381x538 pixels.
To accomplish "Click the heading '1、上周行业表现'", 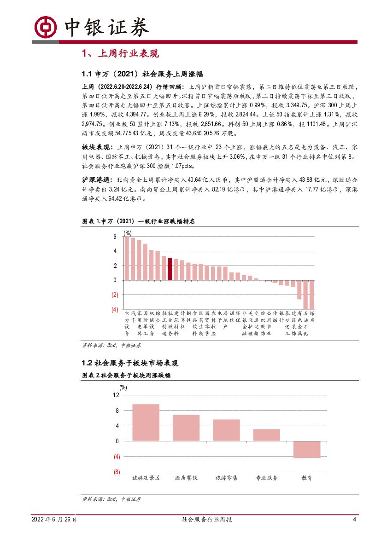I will click(x=120, y=54).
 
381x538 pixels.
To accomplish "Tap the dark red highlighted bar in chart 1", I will click(x=170, y=269).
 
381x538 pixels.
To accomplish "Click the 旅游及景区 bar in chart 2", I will click(x=146, y=422).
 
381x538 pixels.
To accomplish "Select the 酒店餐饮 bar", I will click(x=186, y=428).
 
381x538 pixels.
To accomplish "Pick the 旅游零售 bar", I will click(x=226, y=430).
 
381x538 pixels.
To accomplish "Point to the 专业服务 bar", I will click(x=267, y=435).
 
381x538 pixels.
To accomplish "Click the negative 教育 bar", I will click(x=307, y=450).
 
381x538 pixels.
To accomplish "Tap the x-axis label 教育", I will click(x=307, y=478).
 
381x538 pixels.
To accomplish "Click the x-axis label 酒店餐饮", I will click(x=186, y=478).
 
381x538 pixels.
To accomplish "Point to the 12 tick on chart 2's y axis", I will click(x=116, y=395).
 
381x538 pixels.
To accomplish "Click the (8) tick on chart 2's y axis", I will click(x=116, y=472).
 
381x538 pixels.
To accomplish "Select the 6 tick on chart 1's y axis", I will click(x=116, y=237).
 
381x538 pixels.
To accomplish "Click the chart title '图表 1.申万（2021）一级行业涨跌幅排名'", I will click(x=138, y=221).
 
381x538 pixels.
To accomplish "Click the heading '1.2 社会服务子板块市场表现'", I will click(x=129, y=363).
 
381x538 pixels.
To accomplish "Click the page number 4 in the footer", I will click(x=354, y=520).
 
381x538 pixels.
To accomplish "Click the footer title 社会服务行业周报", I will click(x=206, y=520).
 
